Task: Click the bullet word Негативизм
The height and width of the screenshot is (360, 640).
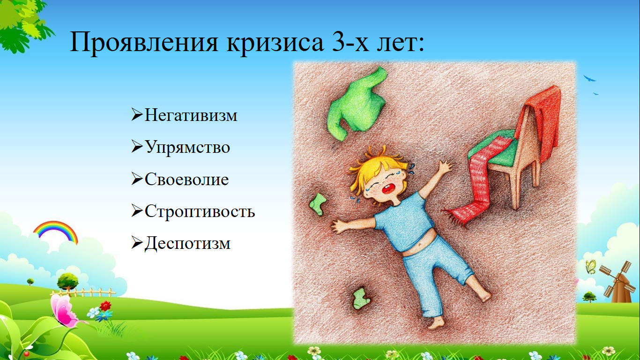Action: [191, 115]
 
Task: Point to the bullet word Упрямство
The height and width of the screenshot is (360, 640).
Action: [187, 147]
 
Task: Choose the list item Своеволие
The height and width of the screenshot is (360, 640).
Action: [186, 179]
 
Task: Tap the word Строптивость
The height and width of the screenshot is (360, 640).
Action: [200, 211]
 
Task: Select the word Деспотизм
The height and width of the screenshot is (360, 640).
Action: [187, 244]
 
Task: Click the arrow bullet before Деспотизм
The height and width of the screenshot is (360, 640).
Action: [137, 242]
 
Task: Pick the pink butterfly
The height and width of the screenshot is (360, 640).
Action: [64, 311]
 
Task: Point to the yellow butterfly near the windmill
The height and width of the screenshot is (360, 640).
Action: [591, 267]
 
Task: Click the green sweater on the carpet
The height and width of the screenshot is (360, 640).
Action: [357, 103]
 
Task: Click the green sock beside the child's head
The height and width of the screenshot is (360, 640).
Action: [318, 204]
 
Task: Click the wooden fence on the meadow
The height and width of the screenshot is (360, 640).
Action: [83, 292]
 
